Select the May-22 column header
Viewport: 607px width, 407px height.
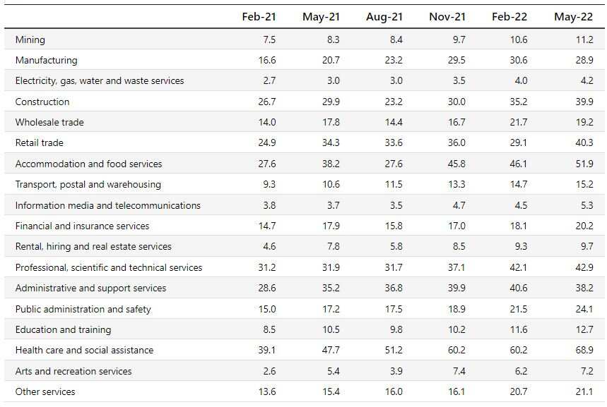(x=574, y=17)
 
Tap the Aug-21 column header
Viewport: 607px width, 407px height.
(x=384, y=17)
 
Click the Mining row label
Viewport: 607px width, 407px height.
(x=30, y=40)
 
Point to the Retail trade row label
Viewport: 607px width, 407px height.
(x=40, y=142)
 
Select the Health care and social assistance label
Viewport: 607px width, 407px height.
(x=84, y=350)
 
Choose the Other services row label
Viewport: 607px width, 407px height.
(x=45, y=391)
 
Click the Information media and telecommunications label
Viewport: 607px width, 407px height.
(x=108, y=205)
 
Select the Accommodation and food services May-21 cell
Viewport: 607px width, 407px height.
(x=330, y=164)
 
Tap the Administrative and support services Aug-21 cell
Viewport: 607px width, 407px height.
(x=394, y=288)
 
